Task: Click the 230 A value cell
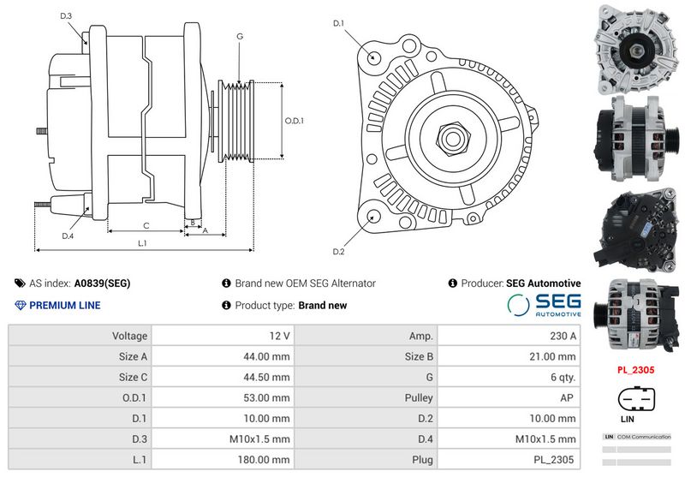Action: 563,336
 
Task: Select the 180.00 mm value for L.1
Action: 264,460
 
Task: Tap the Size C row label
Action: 133,377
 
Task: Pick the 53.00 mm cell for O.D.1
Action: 266,397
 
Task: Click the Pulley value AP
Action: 567,397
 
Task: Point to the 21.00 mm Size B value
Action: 552,356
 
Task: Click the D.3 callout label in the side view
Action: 66,16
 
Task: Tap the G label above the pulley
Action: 240,36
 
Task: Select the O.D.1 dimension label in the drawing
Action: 294,121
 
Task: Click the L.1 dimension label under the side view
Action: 142,243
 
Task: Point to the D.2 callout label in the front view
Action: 338,252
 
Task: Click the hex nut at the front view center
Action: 453,139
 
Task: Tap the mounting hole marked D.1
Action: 372,57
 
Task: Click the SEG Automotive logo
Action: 544,305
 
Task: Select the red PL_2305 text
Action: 635,370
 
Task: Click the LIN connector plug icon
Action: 636,399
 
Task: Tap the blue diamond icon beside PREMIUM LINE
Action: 21,306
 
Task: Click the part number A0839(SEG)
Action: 102,283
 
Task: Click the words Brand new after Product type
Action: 323,306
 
